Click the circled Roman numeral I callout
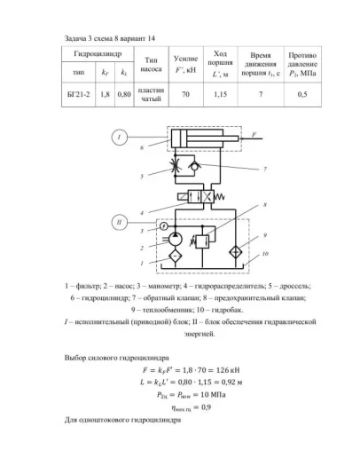(x=120, y=136)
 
